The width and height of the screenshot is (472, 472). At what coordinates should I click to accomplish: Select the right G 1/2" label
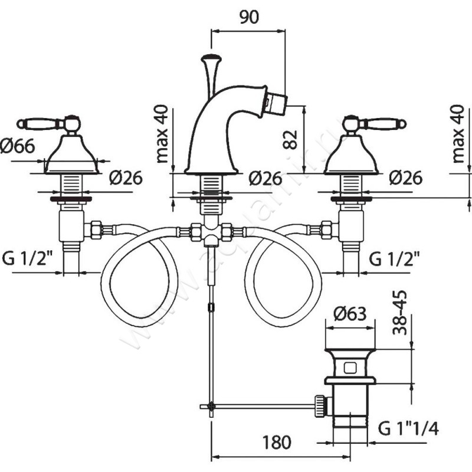tap(395, 258)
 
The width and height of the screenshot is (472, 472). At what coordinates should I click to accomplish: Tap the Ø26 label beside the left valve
tap(125, 177)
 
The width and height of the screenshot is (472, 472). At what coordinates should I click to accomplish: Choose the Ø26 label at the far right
tap(405, 177)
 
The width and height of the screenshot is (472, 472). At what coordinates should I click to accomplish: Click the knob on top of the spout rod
tap(209, 58)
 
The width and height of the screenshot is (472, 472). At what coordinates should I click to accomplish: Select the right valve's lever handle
tap(381, 123)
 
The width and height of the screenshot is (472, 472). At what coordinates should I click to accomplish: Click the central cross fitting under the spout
tap(210, 232)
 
